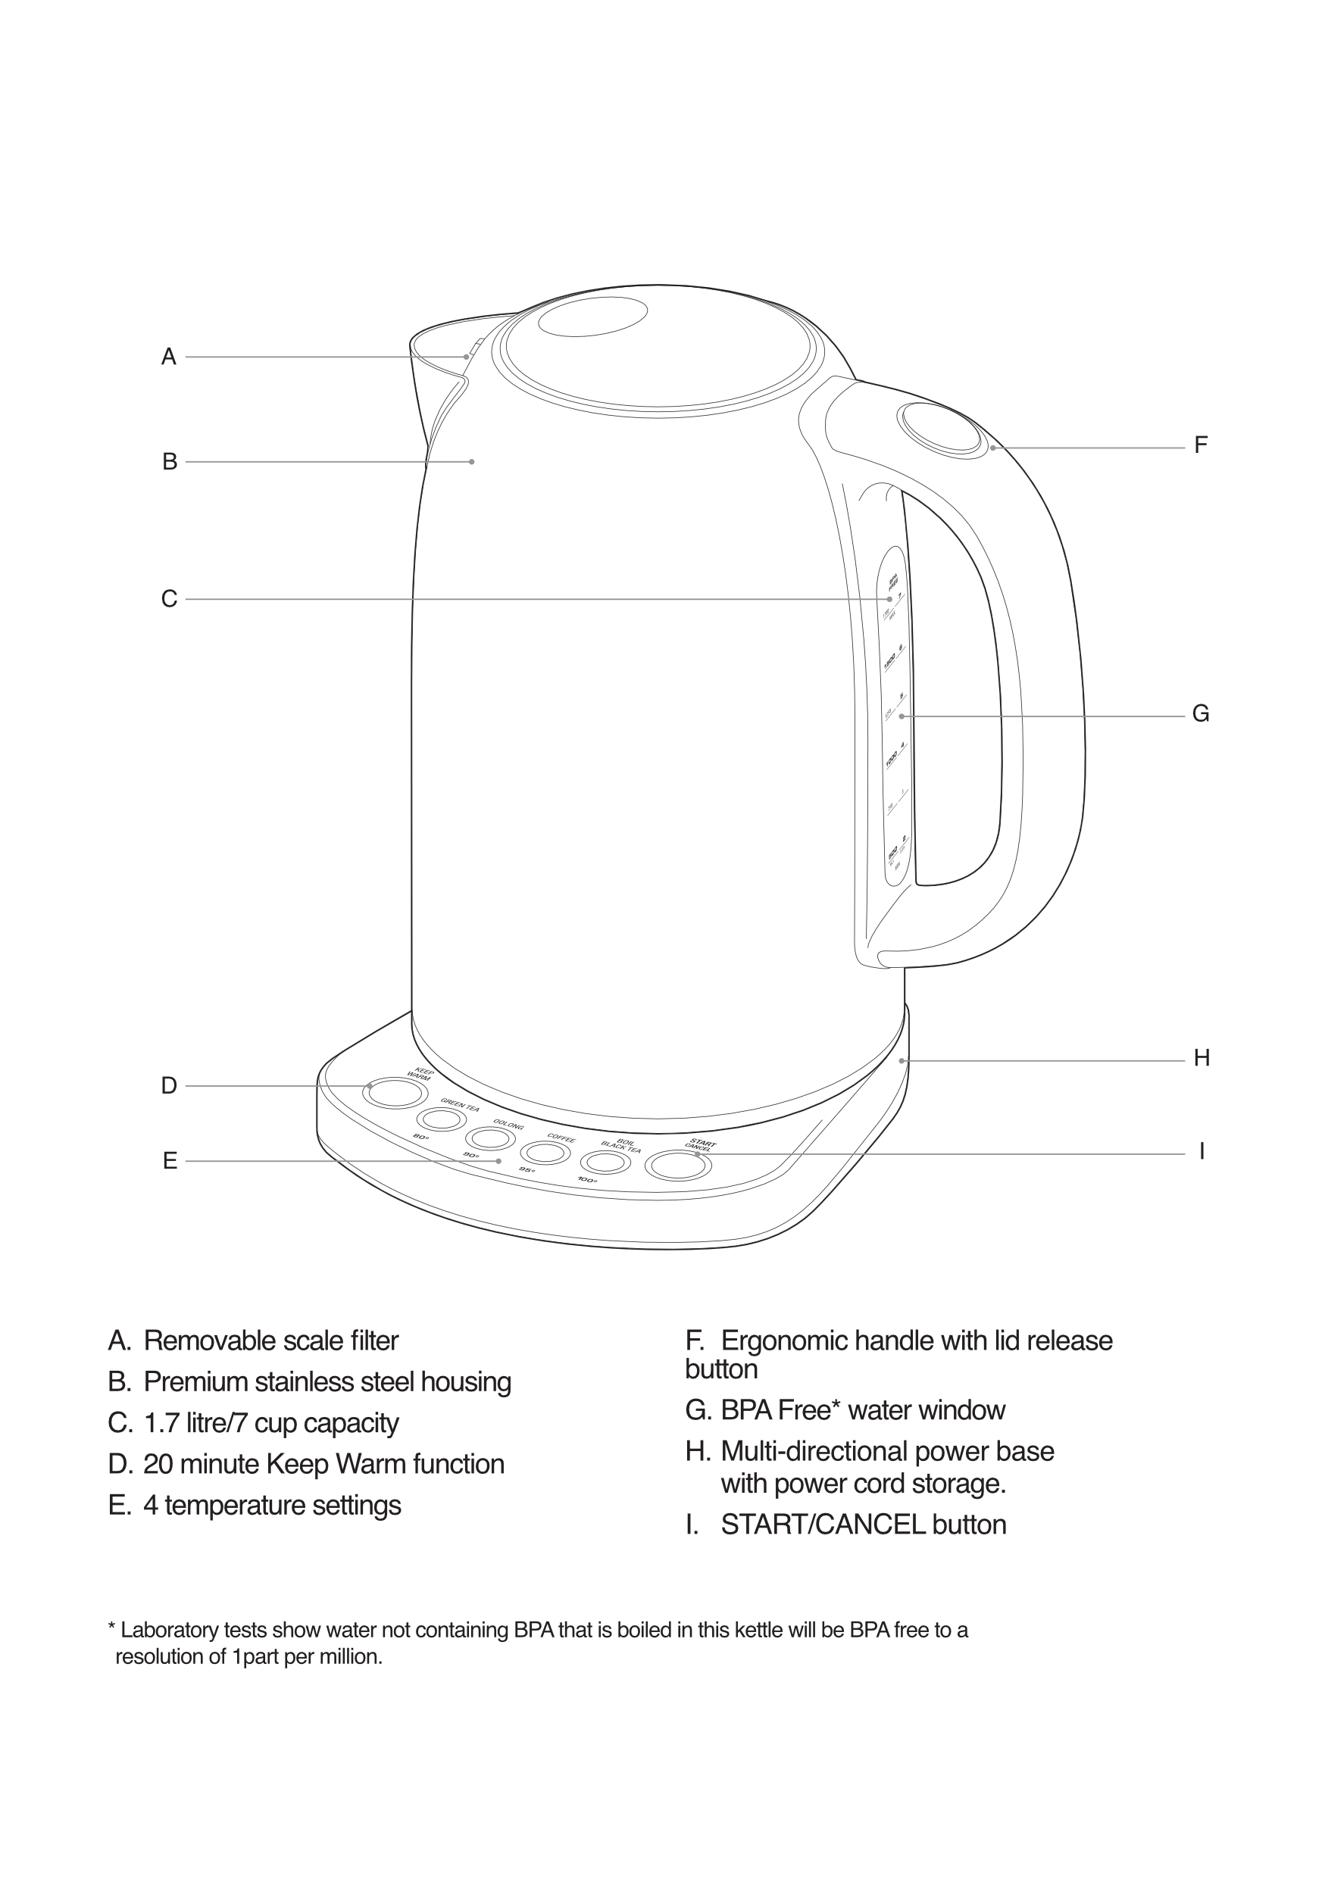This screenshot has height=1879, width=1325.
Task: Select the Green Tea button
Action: pos(437,1119)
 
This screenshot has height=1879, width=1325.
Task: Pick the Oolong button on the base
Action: pos(486,1138)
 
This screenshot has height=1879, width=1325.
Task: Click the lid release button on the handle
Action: pos(940,428)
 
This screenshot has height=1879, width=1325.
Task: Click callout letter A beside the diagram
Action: pos(169,357)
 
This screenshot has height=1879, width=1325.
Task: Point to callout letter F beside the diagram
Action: pos(1201,445)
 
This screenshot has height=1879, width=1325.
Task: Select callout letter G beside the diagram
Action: pos(1201,714)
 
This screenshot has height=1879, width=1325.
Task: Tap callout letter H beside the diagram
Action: pos(1202,1058)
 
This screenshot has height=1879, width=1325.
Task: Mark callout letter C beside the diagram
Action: pos(169,599)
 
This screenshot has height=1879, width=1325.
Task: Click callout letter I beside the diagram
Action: pos(1202,1151)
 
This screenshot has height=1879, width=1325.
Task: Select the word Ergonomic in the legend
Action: pos(785,1341)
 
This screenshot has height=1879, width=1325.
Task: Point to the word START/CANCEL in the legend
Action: pos(823,1525)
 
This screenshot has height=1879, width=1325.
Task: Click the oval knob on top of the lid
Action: pos(592,316)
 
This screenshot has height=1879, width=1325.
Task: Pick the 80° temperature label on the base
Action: pos(420,1137)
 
